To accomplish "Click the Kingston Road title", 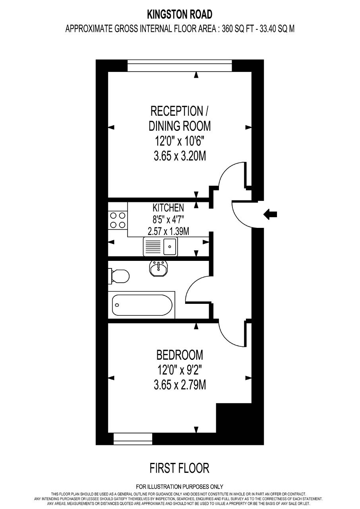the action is point(180,15).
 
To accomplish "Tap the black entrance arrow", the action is point(270,214).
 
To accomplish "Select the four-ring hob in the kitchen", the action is point(118,220).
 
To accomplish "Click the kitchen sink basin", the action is point(170,247).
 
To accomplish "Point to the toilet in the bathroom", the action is point(119,276).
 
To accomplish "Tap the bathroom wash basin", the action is point(159,268).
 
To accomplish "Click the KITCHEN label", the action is point(168,208).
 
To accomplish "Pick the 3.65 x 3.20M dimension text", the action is point(180,156).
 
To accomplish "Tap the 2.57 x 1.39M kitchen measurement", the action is point(168,231).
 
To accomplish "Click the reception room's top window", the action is point(180,66).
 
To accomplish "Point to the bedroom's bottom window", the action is point(133,439).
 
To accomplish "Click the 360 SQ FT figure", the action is point(237,29).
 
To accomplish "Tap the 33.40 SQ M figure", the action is point(277,29).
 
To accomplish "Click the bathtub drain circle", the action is point(117,305).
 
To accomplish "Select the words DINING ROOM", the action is point(180,126).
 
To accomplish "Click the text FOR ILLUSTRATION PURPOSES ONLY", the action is point(180,487).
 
